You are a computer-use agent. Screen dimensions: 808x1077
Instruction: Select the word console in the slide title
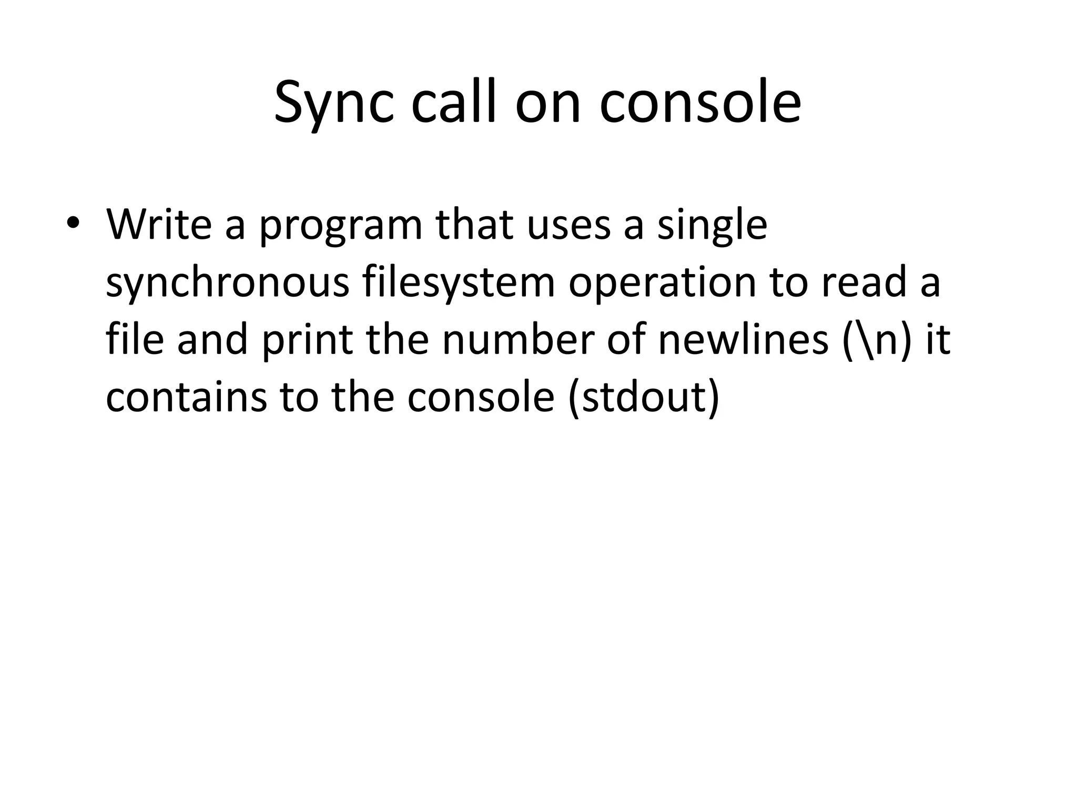(700, 103)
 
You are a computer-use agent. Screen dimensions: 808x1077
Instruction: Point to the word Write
(159, 224)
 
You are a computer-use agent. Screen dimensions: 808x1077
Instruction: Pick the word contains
(186, 397)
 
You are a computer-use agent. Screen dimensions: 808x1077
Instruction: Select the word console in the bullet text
(480, 397)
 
